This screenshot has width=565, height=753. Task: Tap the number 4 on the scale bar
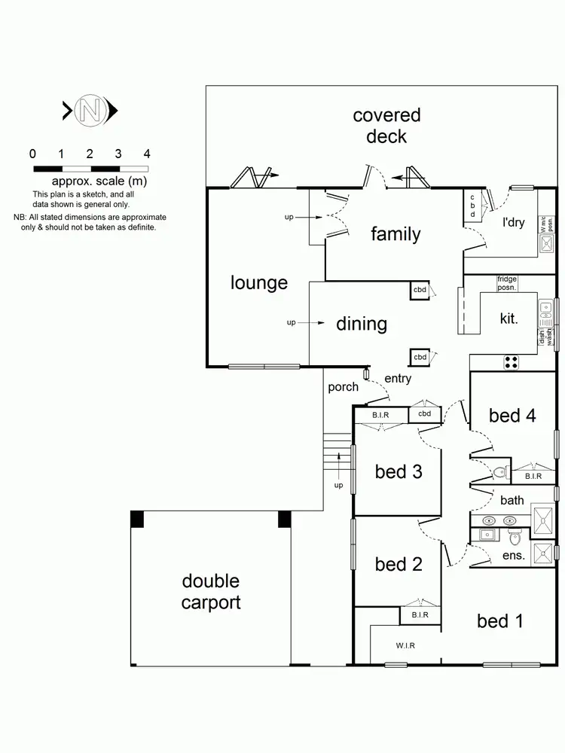(147, 154)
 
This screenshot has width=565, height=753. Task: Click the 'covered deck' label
(386, 126)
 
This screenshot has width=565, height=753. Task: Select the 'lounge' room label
(259, 283)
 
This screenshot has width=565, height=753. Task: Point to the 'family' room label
(395, 234)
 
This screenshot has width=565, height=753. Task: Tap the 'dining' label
(362, 324)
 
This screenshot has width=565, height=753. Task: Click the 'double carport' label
(211, 592)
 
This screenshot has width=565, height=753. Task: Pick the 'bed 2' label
(398, 564)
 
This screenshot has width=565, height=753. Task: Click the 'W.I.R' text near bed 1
(405, 645)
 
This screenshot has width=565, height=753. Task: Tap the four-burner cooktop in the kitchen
(512, 362)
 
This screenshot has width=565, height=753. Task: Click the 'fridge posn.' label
(507, 283)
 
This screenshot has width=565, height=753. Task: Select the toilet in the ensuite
(515, 537)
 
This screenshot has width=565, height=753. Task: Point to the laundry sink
(546, 244)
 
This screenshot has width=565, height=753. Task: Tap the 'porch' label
(343, 387)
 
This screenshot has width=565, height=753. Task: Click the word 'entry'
(398, 378)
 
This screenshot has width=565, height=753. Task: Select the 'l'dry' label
(513, 223)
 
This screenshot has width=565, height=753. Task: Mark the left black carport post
(137, 519)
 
